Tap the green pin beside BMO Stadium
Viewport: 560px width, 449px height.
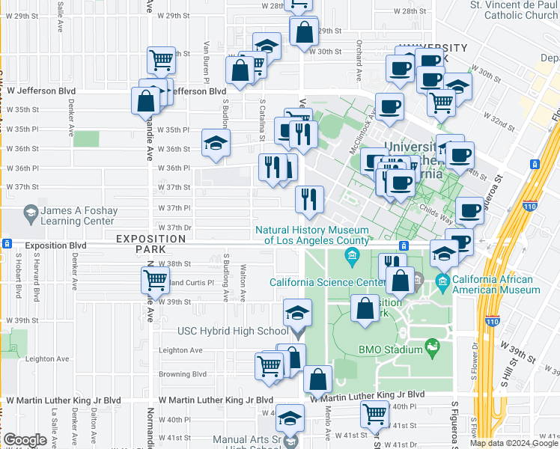point(431,346)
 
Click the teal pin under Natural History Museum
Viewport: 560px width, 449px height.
point(352,258)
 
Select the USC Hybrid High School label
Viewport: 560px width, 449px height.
point(231,331)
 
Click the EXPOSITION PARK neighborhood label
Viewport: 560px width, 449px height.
point(150,239)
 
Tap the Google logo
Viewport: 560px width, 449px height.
point(25,440)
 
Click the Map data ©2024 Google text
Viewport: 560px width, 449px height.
point(514,443)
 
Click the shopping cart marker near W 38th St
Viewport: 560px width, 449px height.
point(154,281)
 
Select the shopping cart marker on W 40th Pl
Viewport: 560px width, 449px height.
point(374,413)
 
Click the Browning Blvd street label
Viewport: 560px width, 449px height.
point(182,374)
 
